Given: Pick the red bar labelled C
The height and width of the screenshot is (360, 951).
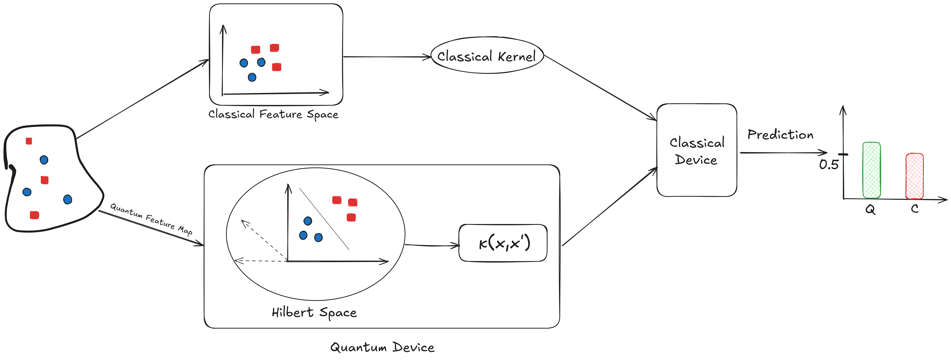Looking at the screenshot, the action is pyautogui.click(x=914, y=176).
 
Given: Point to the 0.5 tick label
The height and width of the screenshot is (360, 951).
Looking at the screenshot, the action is pyautogui.click(x=829, y=164).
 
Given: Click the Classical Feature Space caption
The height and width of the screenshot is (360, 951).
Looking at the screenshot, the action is pyautogui.click(x=273, y=114).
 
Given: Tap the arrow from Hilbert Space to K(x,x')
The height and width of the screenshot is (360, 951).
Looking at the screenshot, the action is pyautogui.click(x=432, y=245).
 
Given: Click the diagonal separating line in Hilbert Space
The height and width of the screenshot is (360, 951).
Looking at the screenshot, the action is pyautogui.click(x=324, y=219).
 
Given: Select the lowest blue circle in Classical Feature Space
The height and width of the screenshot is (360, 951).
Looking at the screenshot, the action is pyautogui.click(x=252, y=77).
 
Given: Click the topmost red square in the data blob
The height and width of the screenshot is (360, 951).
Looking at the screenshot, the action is pyautogui.click(x=29, y=141).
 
